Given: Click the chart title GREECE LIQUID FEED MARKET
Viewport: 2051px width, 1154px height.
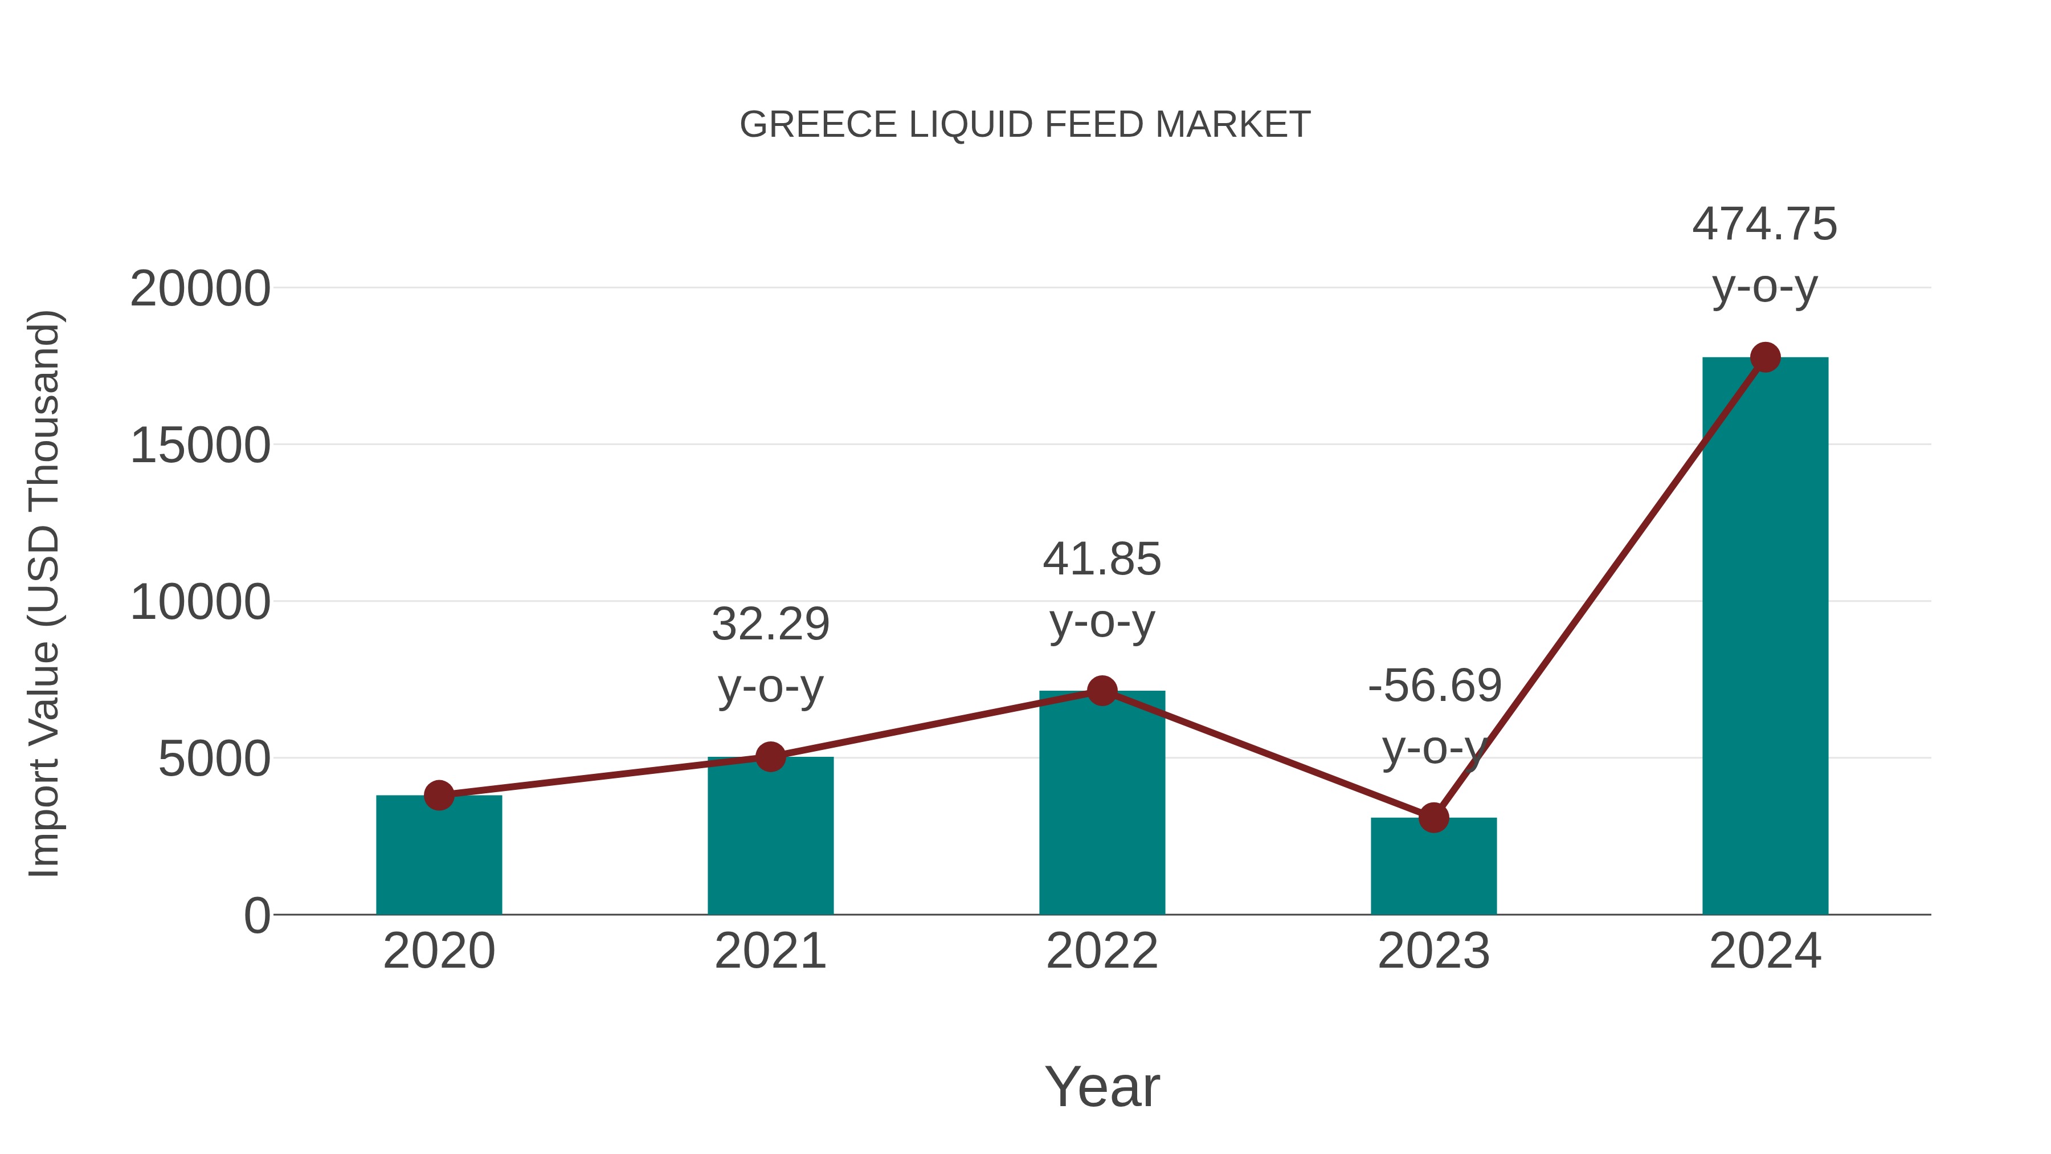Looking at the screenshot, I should [x=1025, y=125].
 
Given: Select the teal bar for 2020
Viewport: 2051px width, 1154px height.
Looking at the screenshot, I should [x=439, y=856].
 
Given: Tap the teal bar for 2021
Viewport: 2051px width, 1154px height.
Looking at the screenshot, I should [x=770, y=836].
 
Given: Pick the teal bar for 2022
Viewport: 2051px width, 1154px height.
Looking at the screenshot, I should [x=1102, y=804].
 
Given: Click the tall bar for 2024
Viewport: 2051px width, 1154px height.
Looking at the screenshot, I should [x=1765, y=637].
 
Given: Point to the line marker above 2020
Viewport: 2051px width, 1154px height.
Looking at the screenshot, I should [x=439, y=795].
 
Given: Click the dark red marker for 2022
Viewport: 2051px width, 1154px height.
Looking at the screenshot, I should [x=1102, y=691].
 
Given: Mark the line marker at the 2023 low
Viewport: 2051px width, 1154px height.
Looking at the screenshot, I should [x=1433, y=818].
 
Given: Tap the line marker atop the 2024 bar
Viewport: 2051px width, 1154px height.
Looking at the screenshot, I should [x=1765, y=357].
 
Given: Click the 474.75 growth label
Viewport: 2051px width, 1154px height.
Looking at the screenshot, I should [x=1764, y=225].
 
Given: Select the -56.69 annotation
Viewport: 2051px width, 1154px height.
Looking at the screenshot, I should [x=1435, y=687].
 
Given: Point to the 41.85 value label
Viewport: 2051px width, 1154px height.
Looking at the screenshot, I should [x=1102, y=560].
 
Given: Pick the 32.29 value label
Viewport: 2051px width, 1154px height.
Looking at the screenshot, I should [x=770, y=625].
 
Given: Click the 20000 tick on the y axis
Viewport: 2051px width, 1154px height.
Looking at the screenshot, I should [x=200, y=289].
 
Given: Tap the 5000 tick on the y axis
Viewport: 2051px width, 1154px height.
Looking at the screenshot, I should [x=214, y=759].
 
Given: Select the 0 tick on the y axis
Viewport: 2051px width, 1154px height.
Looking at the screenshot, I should [x=256, y=916].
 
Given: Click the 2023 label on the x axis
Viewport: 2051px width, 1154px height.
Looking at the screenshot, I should [x=1433, y=952].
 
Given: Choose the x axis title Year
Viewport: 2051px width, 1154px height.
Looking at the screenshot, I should [x=1102, y=1087].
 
